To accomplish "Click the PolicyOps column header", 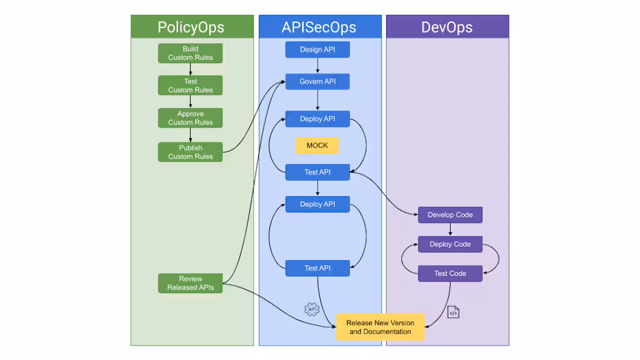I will (191, 27).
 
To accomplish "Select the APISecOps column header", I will (319, 27).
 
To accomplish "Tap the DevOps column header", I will (447, 27).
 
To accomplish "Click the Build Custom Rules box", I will (191, 53).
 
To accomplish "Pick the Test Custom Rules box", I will (191, 86).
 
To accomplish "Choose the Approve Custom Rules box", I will (191, 118).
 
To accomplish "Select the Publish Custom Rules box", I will (191, 152).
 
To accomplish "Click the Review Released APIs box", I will (191, 283).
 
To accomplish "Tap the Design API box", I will (317, 49).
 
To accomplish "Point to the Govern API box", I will (317, 82).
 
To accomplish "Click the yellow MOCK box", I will (317, 146).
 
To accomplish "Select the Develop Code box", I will (450, 215).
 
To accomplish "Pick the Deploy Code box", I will (450, 244).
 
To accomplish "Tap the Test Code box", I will (450, 274).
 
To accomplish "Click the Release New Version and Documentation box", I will (380, 327).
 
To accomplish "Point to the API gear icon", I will (311, 309).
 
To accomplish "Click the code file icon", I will (453, 312).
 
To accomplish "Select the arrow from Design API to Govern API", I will (317, 66).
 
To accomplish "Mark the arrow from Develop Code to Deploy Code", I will (450, 229).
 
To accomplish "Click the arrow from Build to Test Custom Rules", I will (191, 69).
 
